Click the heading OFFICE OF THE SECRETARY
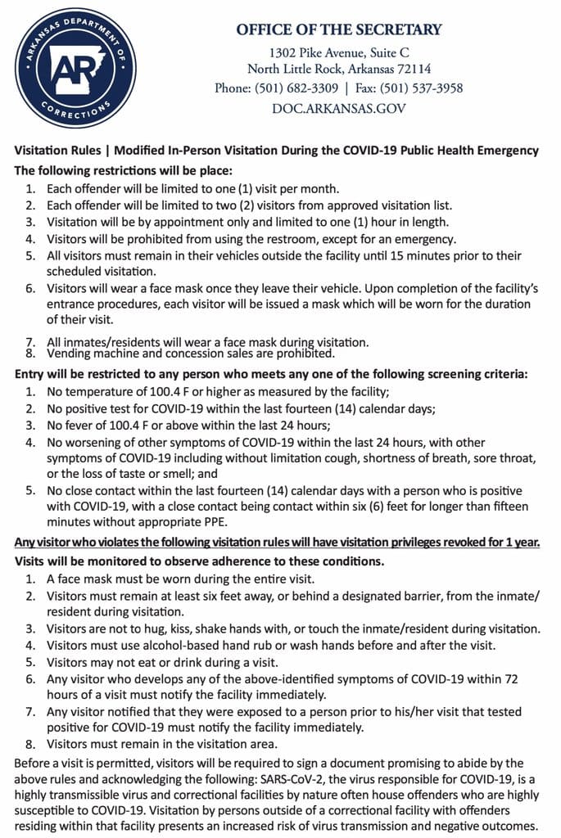tap(338, 30)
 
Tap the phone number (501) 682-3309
tap(291, 88)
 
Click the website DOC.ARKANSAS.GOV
tap(338, 108)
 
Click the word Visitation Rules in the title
tap(58, 151)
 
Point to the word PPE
tap(218, 521)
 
